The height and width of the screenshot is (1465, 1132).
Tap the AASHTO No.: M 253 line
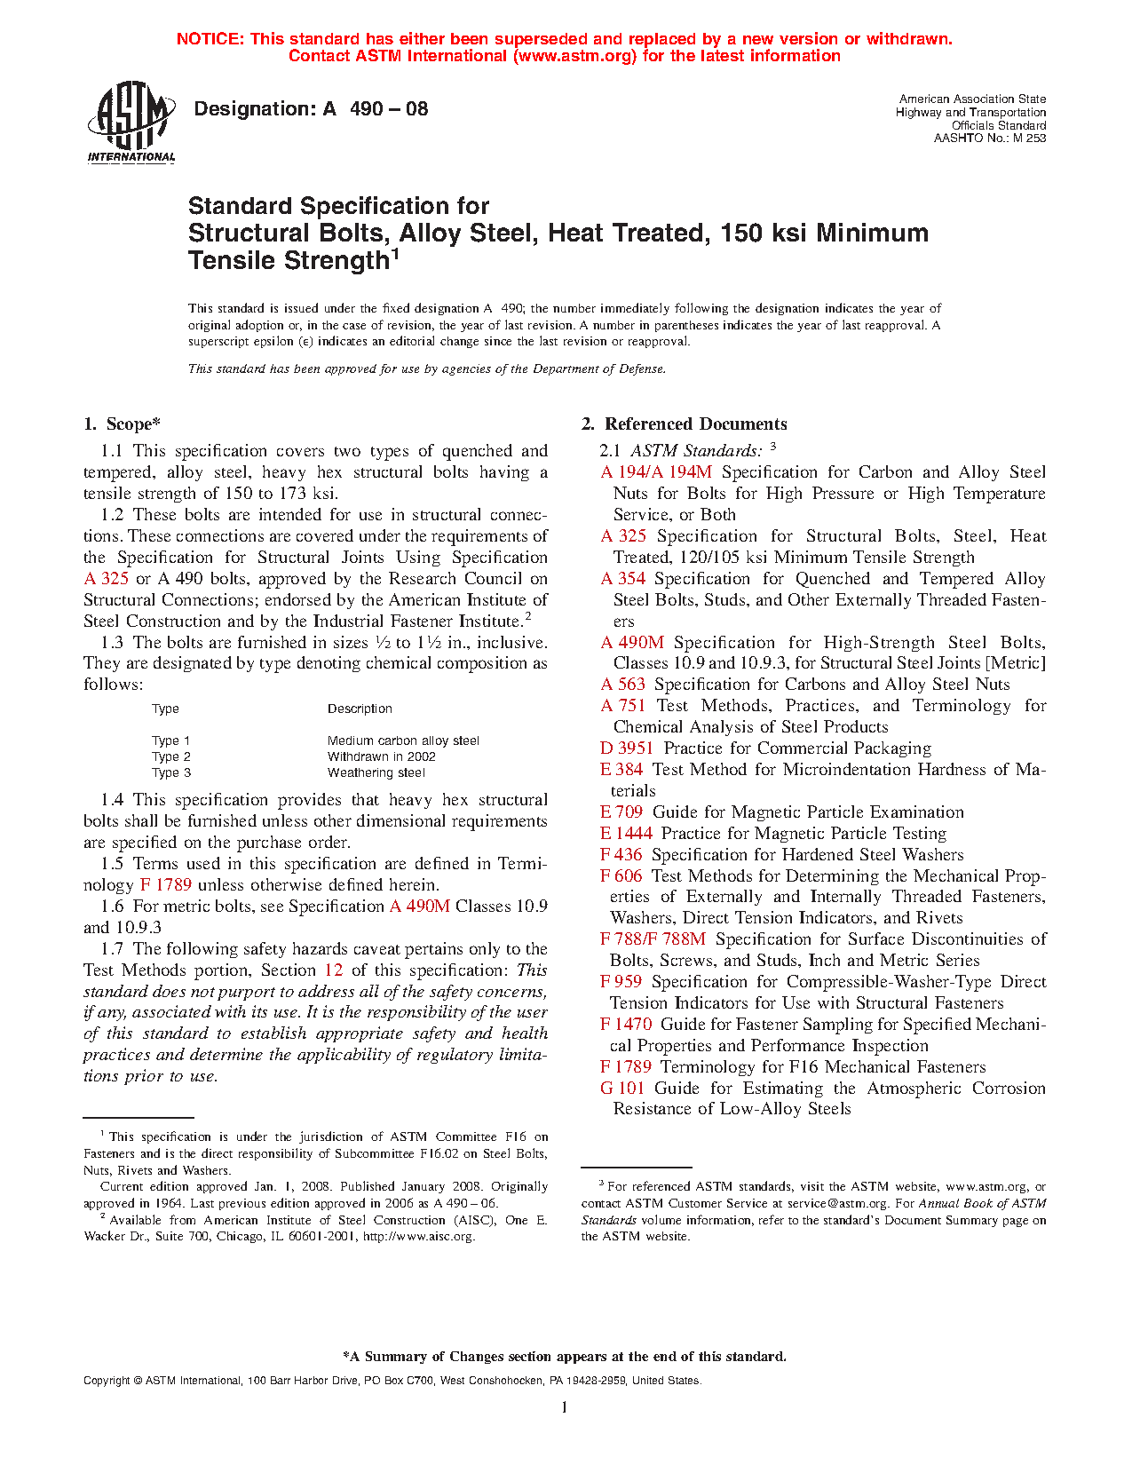point(989,139)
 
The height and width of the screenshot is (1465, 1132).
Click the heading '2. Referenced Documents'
point(685,424)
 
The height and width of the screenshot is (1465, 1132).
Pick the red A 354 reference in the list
point(622,579)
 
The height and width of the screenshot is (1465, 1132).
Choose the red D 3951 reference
point(627,748)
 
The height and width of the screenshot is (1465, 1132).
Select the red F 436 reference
point(621,855)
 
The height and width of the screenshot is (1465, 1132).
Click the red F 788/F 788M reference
point(653,939)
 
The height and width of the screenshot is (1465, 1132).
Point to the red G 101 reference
point(621,1089)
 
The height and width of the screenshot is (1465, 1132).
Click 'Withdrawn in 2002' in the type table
point(382,757)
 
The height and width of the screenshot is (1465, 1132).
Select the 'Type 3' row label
point(171,773)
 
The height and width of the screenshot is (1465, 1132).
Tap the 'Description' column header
point(360,709)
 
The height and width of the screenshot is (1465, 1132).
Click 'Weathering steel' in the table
point(376,773)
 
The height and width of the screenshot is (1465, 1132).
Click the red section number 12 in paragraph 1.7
point(334,970)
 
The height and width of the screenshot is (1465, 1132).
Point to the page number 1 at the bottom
point(565,1406)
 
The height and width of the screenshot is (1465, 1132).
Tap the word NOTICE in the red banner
point(210,39)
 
